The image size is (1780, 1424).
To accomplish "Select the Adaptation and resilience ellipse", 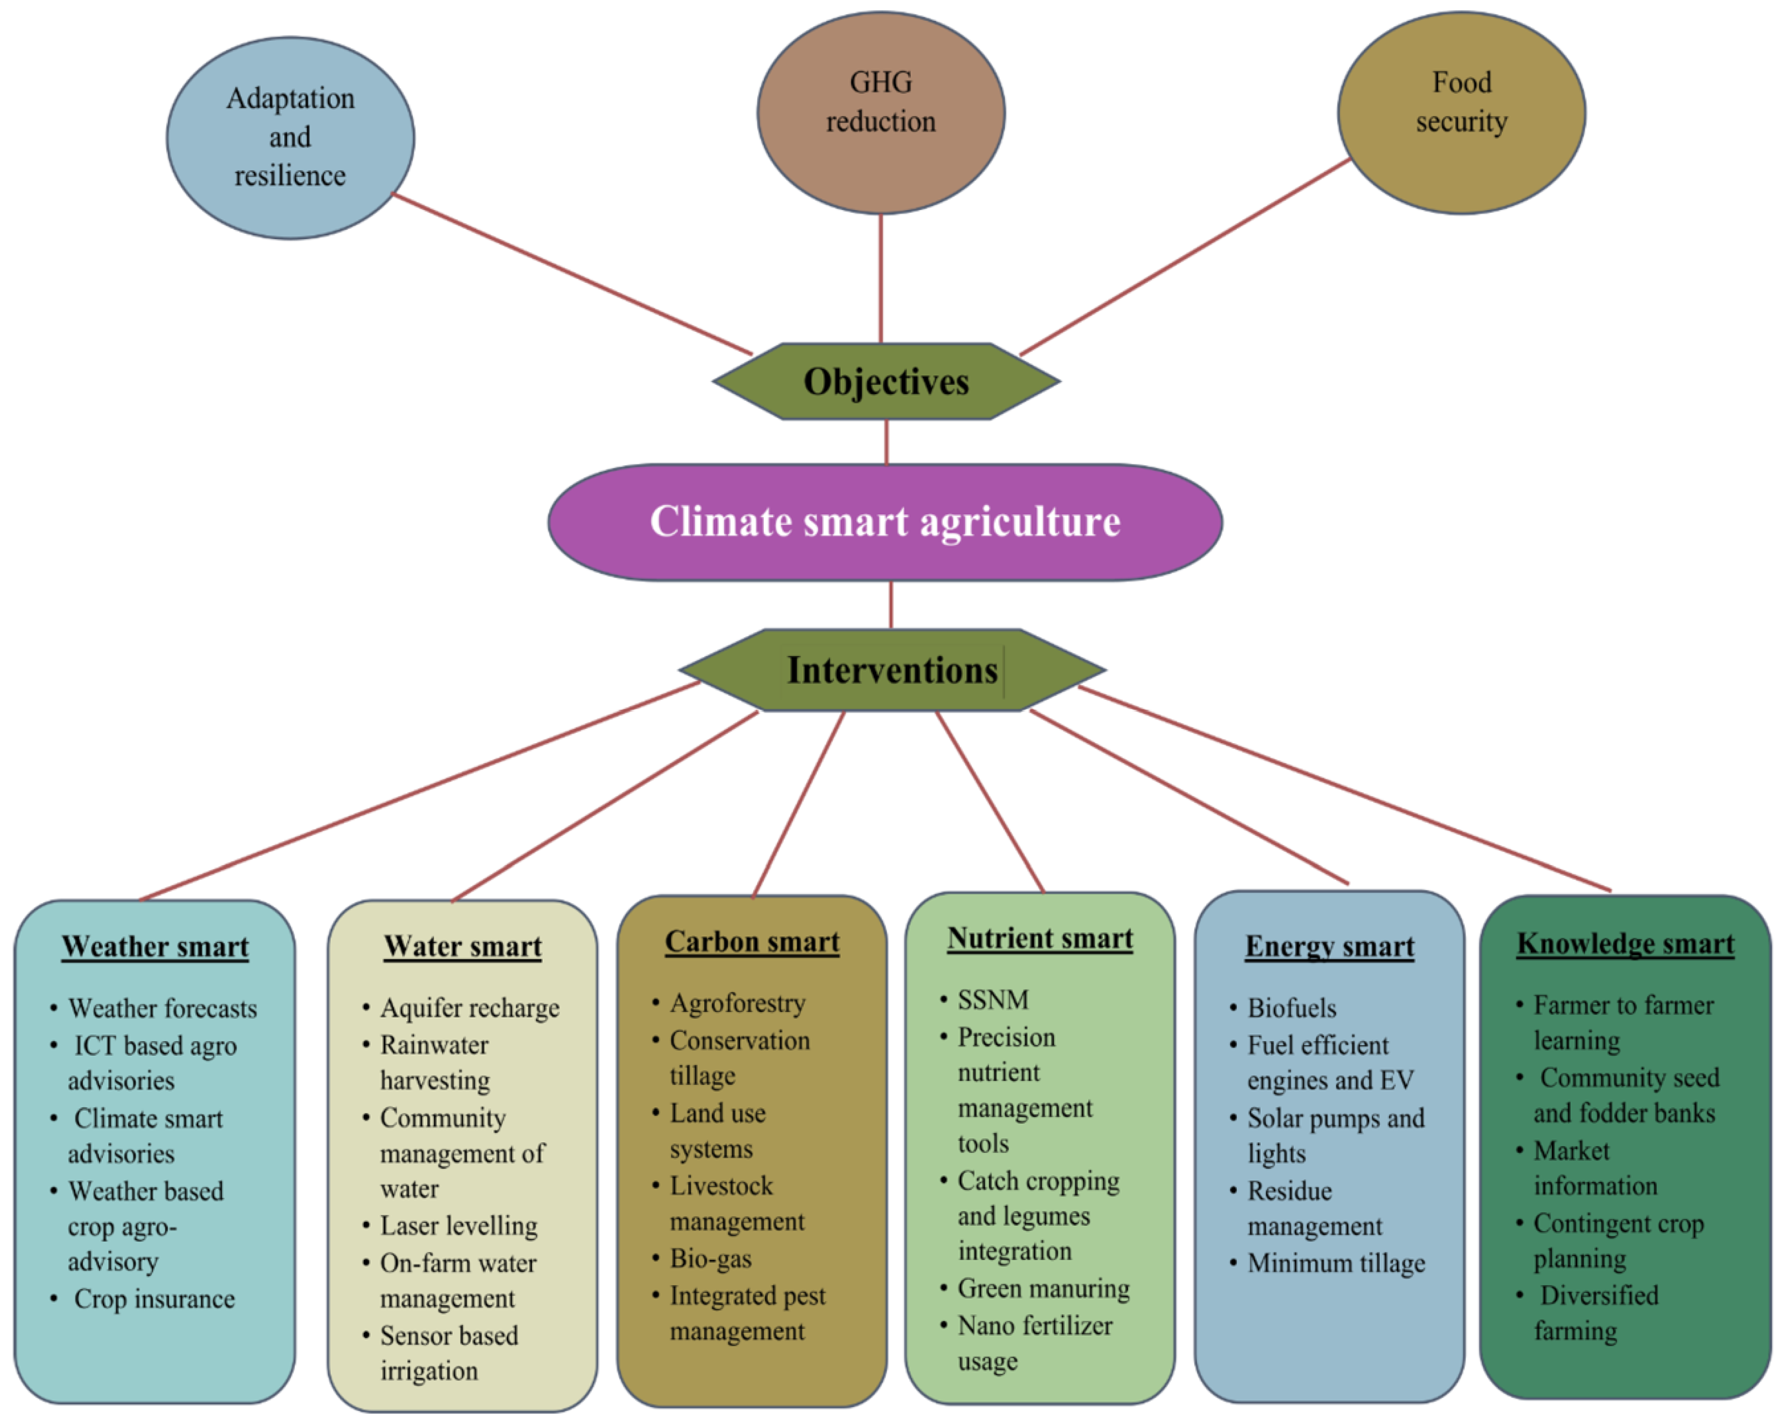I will [x=291, y=138].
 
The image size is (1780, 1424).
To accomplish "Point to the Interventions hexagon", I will [x=891, y=670].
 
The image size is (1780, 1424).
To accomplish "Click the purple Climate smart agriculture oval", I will [x=885, y=522].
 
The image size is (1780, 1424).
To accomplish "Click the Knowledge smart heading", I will [x=1625, y=943].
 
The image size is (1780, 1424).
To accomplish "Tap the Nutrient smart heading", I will [x=1040, y=938].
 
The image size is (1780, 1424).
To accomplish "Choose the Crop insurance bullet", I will [x=154, y=1299].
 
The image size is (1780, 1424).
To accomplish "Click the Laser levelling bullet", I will [x=458, y=1226].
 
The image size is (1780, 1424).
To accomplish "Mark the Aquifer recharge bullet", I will [x=469, y=1009].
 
